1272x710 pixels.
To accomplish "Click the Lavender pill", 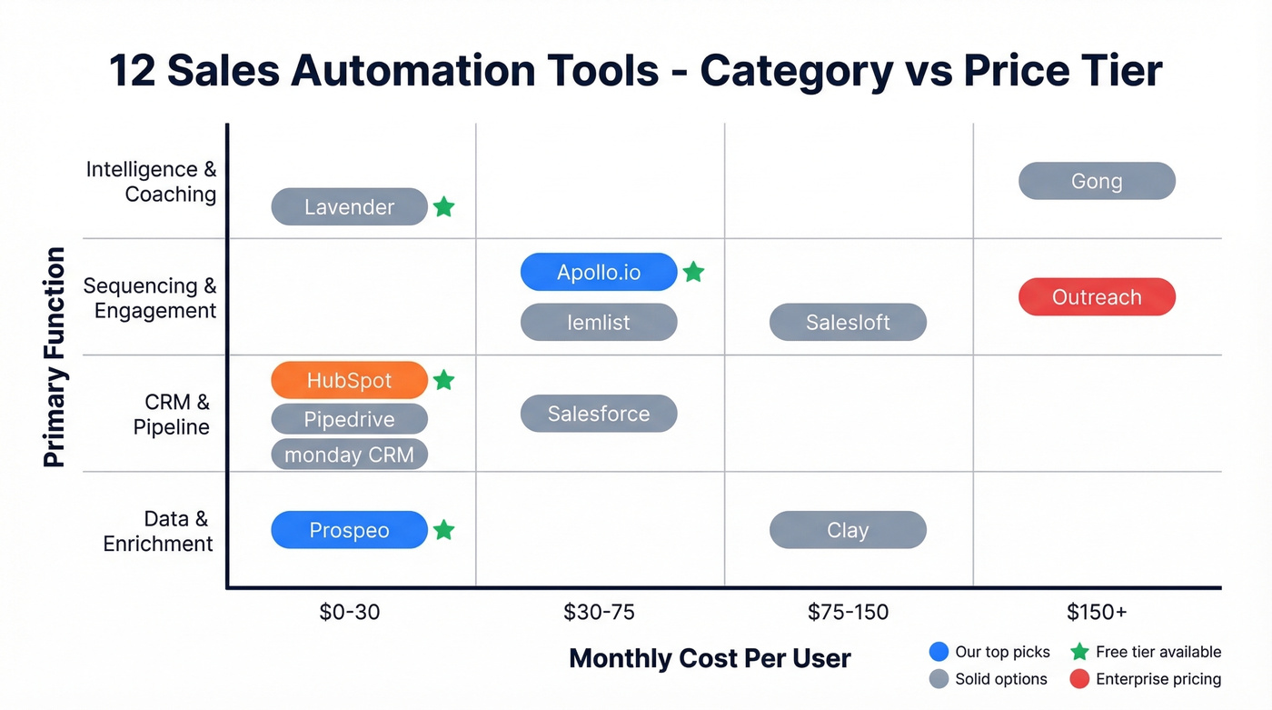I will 350,207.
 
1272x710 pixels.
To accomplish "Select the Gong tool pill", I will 1097,181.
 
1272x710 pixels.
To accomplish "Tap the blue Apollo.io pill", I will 599,272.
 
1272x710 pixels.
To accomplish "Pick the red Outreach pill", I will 1097,297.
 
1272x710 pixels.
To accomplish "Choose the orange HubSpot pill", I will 350,380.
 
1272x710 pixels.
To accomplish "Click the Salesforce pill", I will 599,414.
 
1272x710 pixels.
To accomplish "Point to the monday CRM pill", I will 350,455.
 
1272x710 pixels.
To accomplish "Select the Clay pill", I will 848,530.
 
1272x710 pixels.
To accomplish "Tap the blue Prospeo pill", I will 350,530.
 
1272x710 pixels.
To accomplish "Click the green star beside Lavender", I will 443,207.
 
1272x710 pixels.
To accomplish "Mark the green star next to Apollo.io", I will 693,272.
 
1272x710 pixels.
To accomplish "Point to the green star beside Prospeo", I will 443,530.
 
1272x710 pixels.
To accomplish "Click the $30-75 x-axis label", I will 599,612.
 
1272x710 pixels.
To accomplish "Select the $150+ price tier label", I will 1097,612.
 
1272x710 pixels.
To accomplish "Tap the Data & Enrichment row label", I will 159,531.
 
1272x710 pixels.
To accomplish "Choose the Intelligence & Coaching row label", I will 152,182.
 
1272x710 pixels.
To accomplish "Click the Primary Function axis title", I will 55,356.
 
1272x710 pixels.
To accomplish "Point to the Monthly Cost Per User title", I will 710,658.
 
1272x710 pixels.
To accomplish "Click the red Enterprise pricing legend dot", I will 1079,678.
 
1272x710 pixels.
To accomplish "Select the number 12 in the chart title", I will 133,71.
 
